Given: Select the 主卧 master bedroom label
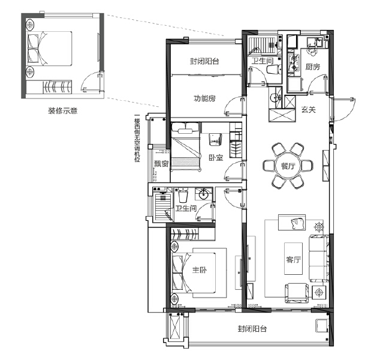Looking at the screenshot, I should [x=199, y=271].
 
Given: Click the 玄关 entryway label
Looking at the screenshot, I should [x=308, y=110].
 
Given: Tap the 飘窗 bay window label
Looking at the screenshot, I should [x=160, y=163].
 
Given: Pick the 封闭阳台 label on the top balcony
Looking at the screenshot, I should [x=204, y=61].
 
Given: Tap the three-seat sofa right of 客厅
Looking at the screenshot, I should [x=317, y=257].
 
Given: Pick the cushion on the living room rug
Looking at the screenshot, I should [x=298, y=224].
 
